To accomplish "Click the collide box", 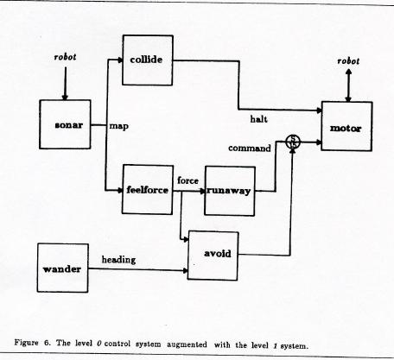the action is click(148, 60).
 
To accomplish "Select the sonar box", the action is click(65, 124).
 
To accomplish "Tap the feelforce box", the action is click(148, 189).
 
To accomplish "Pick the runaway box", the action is click(230, 191).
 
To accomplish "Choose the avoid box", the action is click(213, 256).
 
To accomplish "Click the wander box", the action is click(63, 268).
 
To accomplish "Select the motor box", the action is click(346, 126).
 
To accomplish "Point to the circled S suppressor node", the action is click(293, 142).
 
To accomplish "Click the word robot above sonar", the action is click(66, 57).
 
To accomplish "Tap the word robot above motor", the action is click(348, 61).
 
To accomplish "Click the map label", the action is click(119, 126).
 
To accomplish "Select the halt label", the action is click(258, 119).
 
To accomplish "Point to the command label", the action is click(250, 148).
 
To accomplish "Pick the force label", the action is click(187, 180).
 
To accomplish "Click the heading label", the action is click(118, 260).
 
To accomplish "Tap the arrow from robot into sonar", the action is click(65, 84).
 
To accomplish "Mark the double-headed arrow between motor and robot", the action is click(348, 85).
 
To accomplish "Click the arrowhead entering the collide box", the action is click(120, 60).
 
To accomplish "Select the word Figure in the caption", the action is click(26, 343).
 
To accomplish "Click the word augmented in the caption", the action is click(187, 344).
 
